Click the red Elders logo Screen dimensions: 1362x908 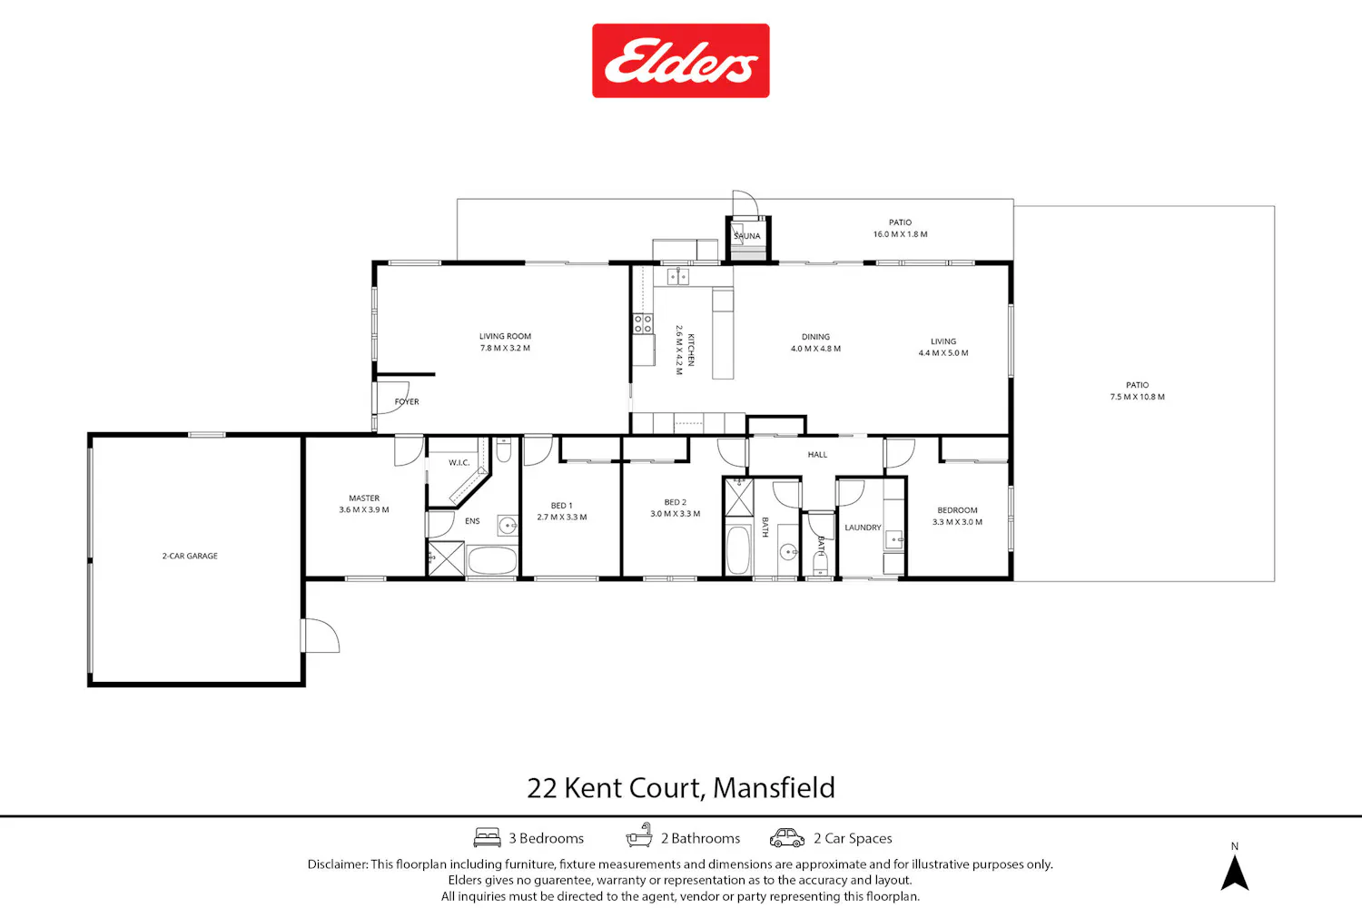click(680, 61)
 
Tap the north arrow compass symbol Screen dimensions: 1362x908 click(1234, 872)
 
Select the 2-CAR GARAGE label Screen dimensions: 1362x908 click(190, 556)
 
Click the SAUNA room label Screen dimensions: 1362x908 click(747, 236)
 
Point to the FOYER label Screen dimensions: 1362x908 click(407, 401)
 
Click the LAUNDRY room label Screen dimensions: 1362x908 click(863, 528)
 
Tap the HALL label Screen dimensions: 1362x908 click(817, 454)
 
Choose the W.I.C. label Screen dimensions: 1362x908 click(459, 463)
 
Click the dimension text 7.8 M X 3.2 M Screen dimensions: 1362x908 click(505, 348)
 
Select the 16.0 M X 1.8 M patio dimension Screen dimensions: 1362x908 click(901, 234)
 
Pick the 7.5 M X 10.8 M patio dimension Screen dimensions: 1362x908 click(1137, 397)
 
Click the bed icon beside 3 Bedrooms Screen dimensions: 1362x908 click(487, 837)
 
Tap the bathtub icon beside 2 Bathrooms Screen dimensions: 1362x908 click(639, 835)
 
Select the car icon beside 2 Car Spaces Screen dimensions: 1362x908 click(787, 837)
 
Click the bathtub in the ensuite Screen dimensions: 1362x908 click(492, 560)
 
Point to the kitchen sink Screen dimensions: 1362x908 click(677, 277)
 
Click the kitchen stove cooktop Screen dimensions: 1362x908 click(643, 323)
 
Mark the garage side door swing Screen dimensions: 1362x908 click(322, 636)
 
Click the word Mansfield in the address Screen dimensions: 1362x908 click(774, 787)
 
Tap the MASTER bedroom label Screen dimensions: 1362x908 click(364, 498)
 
